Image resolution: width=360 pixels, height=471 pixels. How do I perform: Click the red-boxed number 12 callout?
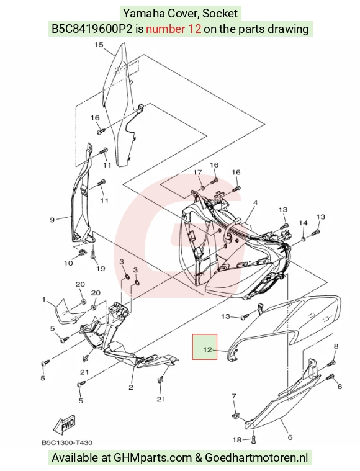click(x=207, y=349)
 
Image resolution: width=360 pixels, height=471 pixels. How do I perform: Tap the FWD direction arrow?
click(x=64, y=426)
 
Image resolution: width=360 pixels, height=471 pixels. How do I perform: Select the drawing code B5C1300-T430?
click(x=67, y=442)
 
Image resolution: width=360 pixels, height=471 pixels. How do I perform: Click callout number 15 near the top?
click(x=99, y=45)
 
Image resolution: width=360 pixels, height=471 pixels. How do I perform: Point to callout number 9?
click(x=52, y=220)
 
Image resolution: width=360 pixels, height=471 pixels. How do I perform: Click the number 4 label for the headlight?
click(x=255, y=203)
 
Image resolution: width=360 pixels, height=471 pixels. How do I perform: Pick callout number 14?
click(x=303, y=223)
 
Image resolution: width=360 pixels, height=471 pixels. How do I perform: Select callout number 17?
click(x=197, y=173)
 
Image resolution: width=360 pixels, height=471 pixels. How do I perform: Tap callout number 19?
click(x=101, y=268)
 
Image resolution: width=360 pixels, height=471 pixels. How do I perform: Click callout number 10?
click(x=68, y=263)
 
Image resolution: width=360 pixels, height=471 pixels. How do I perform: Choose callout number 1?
click(x=44, y=299)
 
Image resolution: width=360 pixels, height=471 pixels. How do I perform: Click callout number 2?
click(x=131, y=387)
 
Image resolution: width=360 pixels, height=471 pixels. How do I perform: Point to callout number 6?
click(x=290, y=437)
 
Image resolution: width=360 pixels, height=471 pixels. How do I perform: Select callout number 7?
click(x=234, y=397)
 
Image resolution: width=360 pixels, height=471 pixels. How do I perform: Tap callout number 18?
click(x=237, y=440)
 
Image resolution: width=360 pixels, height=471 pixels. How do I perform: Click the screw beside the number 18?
click(x=254, y=439)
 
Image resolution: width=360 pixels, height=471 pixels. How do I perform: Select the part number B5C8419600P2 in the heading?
click(x=92, y=29)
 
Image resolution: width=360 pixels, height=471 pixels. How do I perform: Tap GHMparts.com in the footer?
click(x=153, y=458)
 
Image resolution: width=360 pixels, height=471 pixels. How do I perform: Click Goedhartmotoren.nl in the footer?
click(x=256, y=458)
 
